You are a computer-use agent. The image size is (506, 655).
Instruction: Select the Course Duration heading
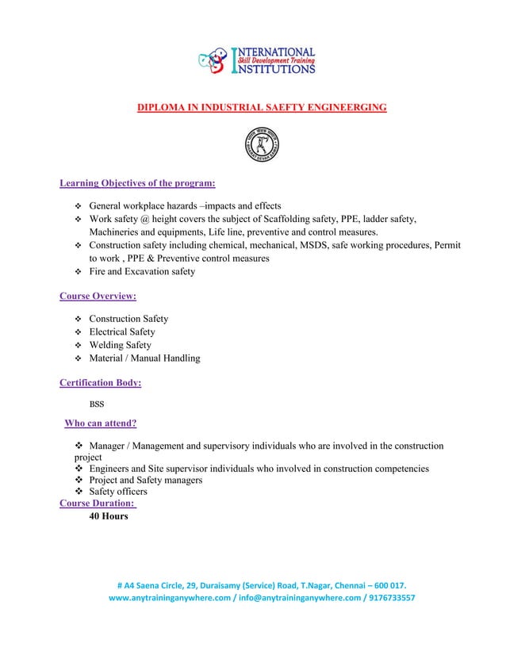coord(98,503)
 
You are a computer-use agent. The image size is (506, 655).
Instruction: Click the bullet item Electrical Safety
coord(121,331)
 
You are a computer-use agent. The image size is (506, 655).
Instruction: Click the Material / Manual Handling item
coord(144,358)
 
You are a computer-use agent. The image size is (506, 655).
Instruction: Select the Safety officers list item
coord(118,492)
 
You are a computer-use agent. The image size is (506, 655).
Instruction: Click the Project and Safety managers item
coord(146,480)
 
